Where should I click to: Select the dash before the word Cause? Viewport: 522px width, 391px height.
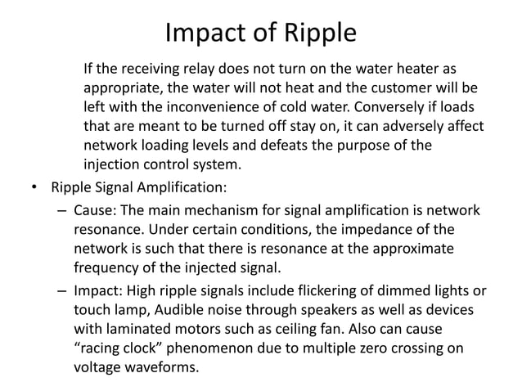click(63, 211)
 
